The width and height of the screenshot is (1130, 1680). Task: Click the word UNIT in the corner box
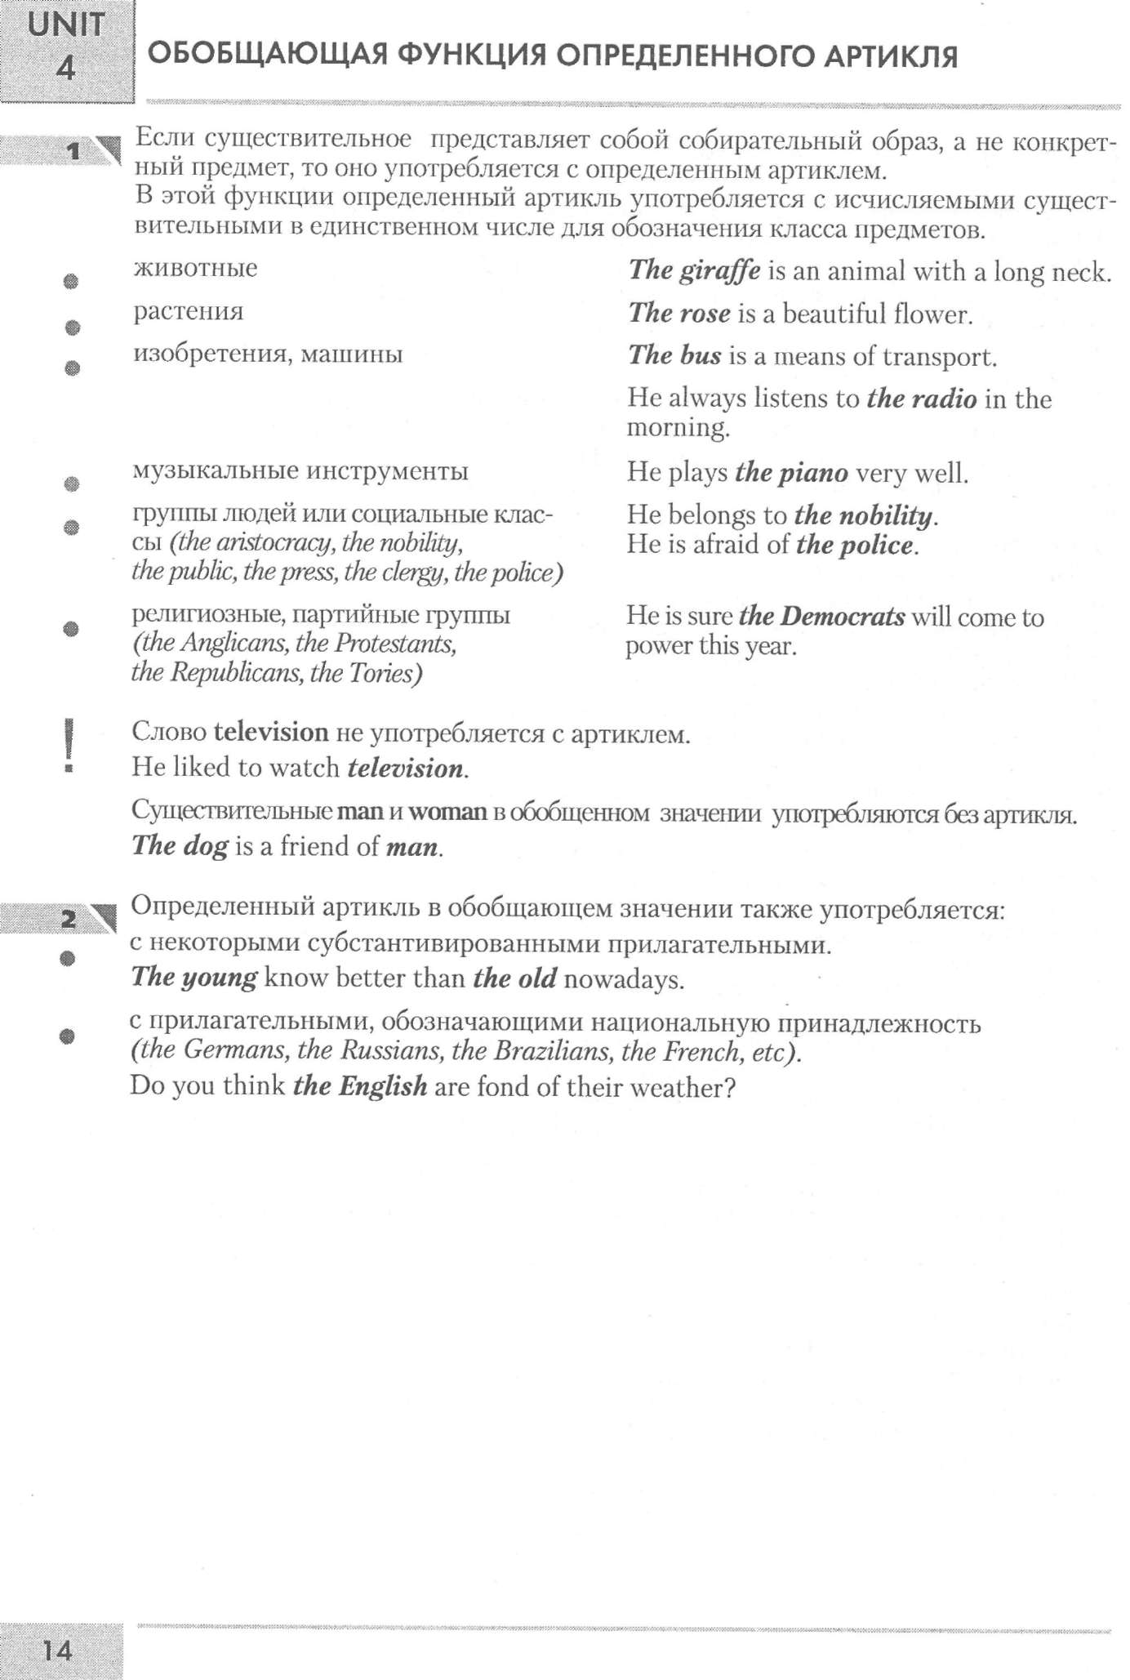[x=66, y=25]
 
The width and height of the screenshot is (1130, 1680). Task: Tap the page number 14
[x=57, y=1651]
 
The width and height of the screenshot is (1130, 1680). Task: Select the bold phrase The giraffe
[x=694, y=270]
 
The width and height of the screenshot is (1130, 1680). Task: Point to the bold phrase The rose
[x=679, y=314]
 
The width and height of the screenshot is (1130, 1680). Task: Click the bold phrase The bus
[x=674, y=355]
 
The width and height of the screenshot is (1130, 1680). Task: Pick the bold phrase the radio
[x=922, y=399]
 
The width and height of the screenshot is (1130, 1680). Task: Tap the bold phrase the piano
[x=791, y=473]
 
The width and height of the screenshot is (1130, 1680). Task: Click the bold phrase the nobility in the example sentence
[x=863, y=515]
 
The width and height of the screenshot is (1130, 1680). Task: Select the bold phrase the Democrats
[x=821, y=617]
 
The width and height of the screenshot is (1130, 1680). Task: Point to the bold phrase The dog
[x=180, y=845]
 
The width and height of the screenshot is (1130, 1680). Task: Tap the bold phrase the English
[x=360, y=1086]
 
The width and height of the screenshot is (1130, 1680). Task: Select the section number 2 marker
[x=70, y=920]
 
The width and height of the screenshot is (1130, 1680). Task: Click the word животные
[x=195, y=268]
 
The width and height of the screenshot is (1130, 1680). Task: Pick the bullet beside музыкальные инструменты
[x=72, y=484]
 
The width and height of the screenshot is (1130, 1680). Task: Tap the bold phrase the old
[x=515, y=978]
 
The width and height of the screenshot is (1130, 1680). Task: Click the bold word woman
[x=447, y=812]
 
